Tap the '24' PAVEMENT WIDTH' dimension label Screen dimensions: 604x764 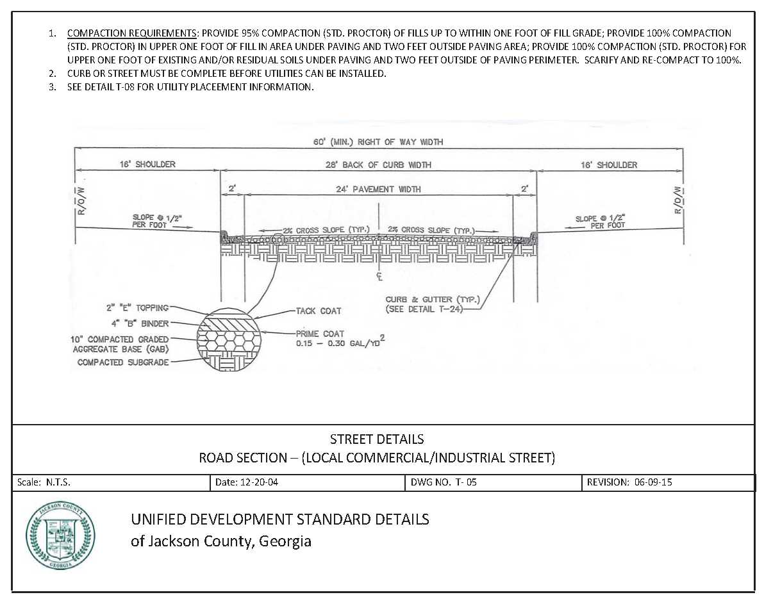(378, 189)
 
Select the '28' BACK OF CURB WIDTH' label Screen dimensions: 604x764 (378, 165)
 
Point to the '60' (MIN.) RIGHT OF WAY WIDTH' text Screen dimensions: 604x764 (378, 142)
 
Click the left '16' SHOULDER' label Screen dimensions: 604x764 (147, 165)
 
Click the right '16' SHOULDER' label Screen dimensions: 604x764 (608, 165)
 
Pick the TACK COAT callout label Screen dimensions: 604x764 (319, 311)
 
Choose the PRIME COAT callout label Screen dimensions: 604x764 (320, 334)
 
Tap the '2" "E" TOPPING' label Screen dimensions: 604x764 (137, 308)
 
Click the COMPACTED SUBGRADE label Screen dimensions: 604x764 (123, 362)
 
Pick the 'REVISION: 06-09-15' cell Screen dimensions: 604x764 (629, 483)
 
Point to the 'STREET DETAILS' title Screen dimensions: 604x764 (376, 439)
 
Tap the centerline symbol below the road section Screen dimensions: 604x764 (379, 277)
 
